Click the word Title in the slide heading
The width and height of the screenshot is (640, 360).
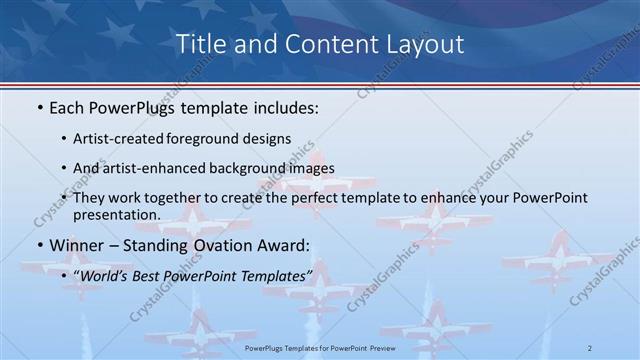click(198, 45)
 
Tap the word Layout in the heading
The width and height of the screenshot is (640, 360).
click(424, 45)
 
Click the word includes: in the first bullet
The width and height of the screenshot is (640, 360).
click(285, 108)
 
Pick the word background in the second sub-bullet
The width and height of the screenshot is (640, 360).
click(246, 168)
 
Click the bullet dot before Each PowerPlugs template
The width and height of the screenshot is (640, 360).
click(38, 108)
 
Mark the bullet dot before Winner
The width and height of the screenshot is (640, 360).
click(38, 244)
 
